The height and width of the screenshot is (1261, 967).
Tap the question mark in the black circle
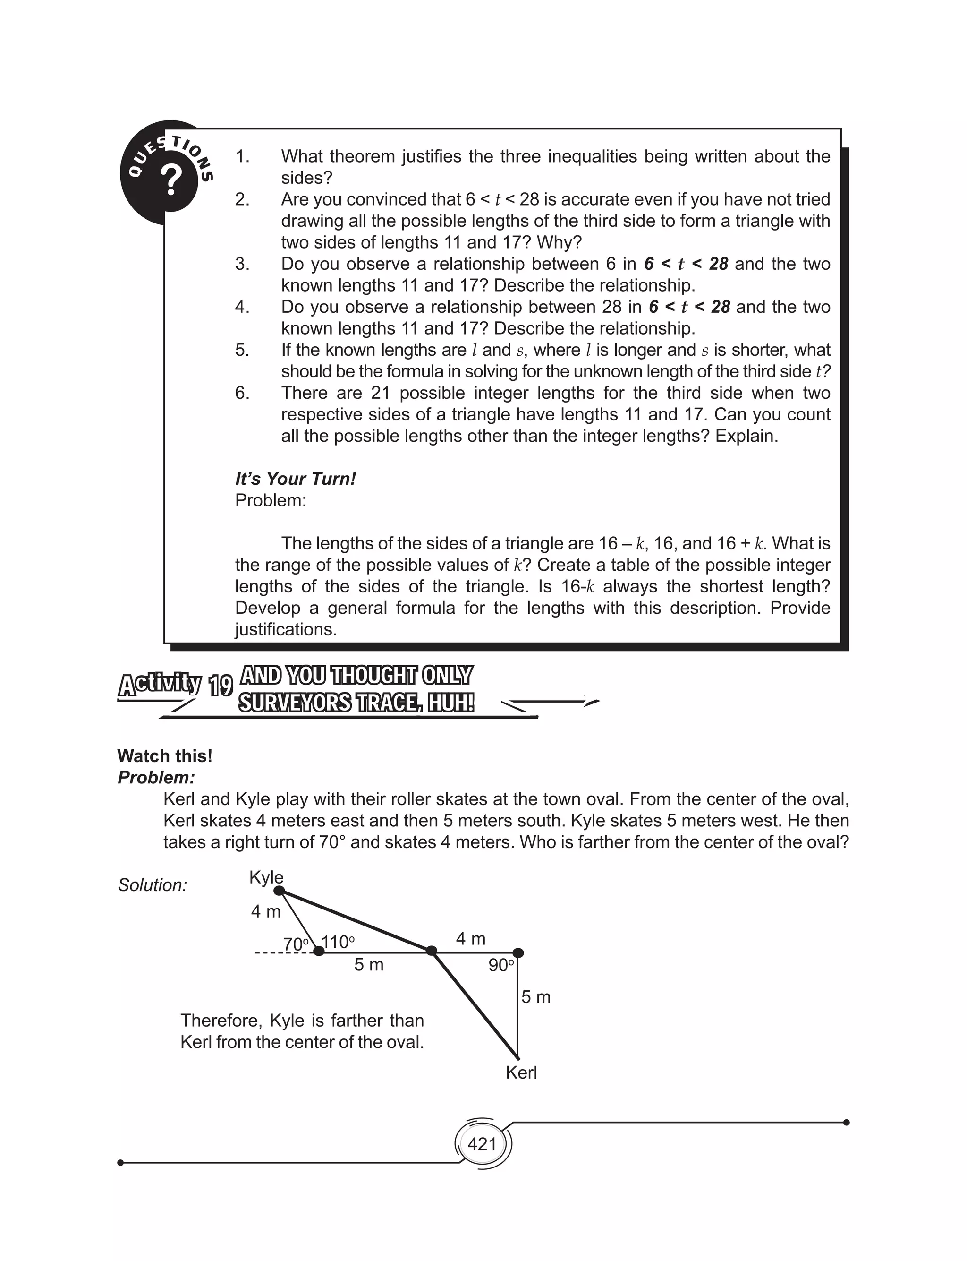click(171, 180)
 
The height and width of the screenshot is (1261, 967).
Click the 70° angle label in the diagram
click(297, 944)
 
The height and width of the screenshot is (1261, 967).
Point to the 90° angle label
click(501, 965)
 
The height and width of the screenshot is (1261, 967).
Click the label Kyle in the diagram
click(266, 877)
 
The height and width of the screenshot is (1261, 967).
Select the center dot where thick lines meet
click(431, 951)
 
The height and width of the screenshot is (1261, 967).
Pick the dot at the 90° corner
click(518, 953)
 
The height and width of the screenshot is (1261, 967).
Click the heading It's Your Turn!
click(295, 479)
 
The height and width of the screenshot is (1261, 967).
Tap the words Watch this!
click(165, 756)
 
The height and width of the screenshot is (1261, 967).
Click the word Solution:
click(153, 885)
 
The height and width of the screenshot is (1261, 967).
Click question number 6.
click(242, 393)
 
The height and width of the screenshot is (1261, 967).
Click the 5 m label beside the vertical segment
click(536, 997)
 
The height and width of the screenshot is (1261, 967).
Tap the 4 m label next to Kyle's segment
click(266, 911)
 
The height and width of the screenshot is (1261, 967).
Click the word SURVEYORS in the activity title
click(295, 703)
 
